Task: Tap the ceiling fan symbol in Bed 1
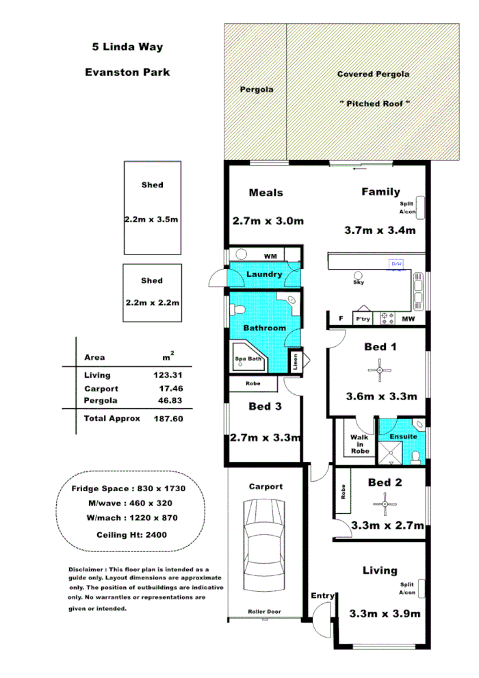click(380, 371)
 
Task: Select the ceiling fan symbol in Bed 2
click(385, 504)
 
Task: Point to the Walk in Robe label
click(359, 443)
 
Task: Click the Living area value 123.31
click(168, 375)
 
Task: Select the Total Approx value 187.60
click(168, 418)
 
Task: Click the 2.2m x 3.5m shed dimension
click(152, 220)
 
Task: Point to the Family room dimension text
click(380, 231)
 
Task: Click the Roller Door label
click(265, 612)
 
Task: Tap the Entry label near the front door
click(322, 596)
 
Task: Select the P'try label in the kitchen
click(362, 319)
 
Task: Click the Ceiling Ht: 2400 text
click(128, 535)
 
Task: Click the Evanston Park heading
click(127, 72)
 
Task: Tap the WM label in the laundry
click(270, 256)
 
